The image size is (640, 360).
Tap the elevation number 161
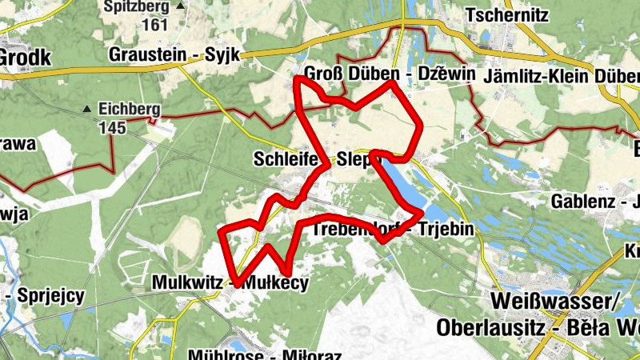pos(155,24)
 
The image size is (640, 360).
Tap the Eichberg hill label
pos(130,110)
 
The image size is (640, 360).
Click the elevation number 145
pos(113,127)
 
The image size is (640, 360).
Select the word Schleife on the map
pos(286,158)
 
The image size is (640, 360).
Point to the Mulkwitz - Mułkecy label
pos(230,282)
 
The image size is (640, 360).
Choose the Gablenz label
pos(583,201)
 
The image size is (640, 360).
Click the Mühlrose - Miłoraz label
pos(265,354)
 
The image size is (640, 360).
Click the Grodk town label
pos(24,57)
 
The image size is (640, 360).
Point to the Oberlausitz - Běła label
pos(528,327)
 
